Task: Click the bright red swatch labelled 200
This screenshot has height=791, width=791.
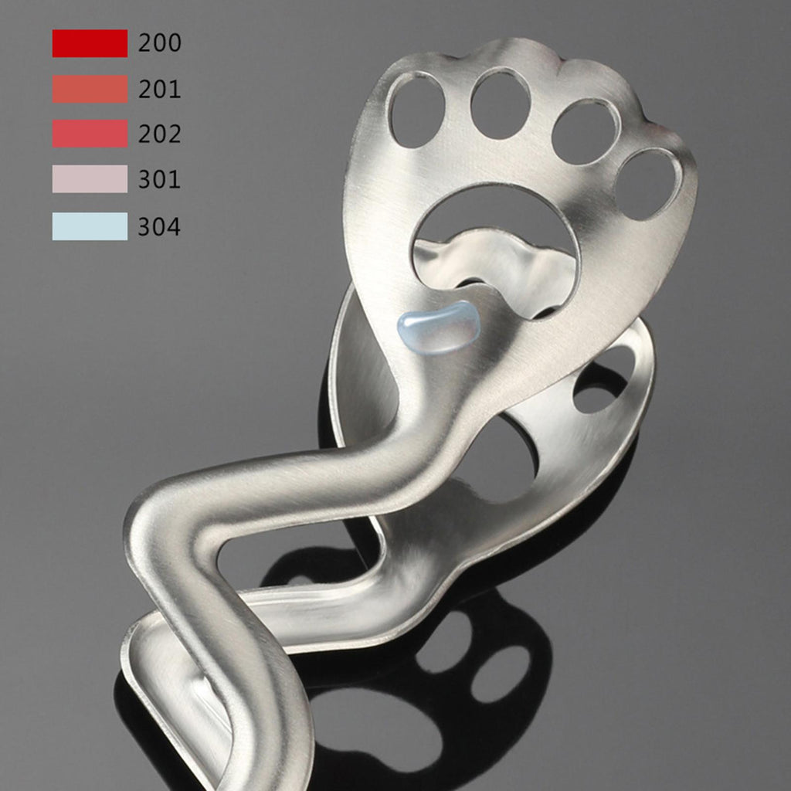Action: tap(90, 43)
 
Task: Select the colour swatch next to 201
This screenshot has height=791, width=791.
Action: tap(90, 90)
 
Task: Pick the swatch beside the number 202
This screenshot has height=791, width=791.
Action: tap(90, 134)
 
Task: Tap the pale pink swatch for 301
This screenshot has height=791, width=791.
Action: tap(90, 179)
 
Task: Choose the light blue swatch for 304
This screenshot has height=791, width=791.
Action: tap(90, 226)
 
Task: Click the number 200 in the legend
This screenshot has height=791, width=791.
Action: tap(159, 43)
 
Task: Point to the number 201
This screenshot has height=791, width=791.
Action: tap(159, 90)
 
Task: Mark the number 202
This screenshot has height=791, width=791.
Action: tap(159, 134)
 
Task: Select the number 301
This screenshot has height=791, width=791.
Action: tap(159, 179)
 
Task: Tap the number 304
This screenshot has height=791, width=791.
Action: tap(159, 226)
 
